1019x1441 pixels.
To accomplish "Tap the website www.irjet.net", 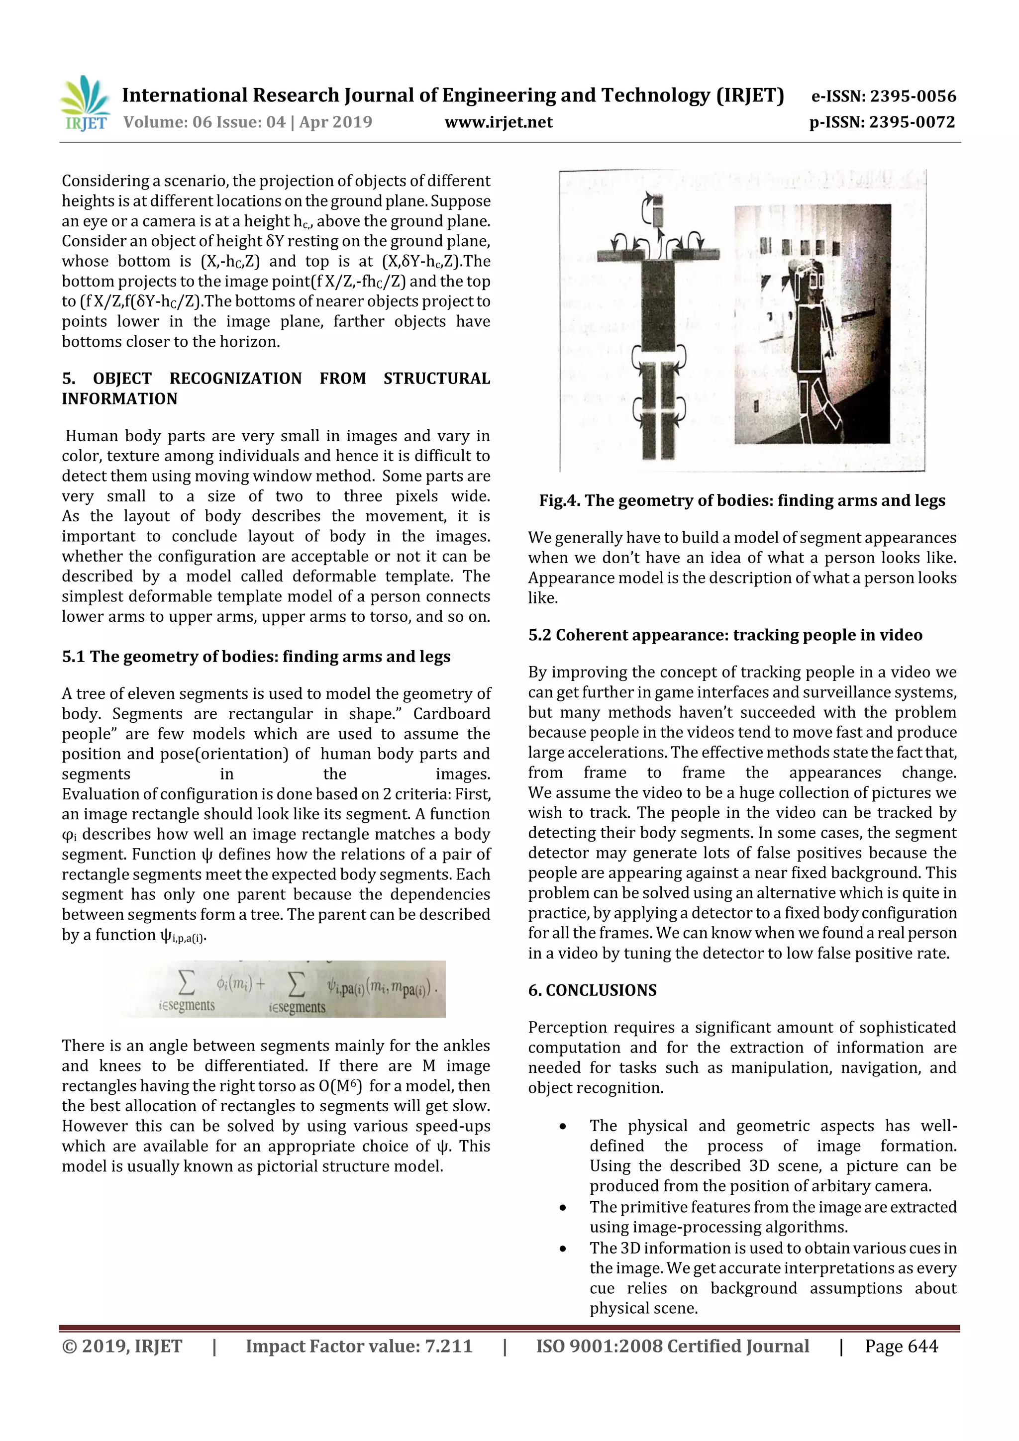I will click(498, 122).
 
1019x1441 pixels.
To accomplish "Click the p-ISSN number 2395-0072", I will click(882, 122).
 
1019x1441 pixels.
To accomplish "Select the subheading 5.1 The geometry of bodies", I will click(256, 657).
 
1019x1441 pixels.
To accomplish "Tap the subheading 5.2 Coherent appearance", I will click(724, 635).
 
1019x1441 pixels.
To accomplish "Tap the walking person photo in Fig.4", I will click(812, 324).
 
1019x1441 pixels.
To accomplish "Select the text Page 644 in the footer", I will click(901, 1346).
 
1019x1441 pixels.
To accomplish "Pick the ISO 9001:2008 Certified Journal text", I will click(672, 1346).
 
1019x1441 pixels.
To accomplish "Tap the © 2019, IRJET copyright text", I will click(122, 1346).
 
